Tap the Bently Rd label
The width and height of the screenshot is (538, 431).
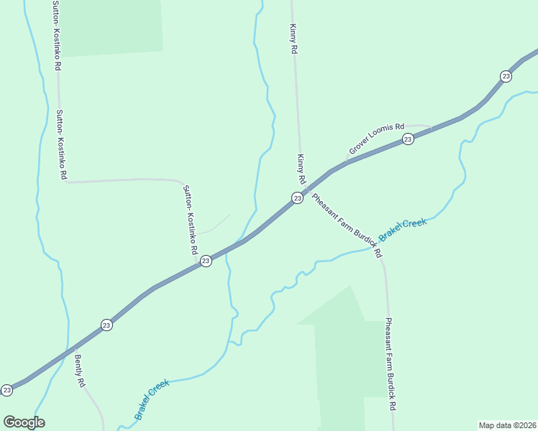[x=80, y=371]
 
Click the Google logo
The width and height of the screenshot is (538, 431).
[x=24, y=422]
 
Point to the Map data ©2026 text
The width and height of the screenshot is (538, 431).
[x=507, y=425]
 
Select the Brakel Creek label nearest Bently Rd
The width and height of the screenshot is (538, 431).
[x=152, y=399]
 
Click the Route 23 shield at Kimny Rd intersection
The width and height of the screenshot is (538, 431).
[x=296, y=198]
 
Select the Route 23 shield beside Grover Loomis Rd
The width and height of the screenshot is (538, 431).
[x=408, y=139]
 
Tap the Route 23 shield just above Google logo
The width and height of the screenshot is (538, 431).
[x=7, y=390]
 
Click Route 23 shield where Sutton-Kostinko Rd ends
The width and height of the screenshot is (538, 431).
[x=206, y=261]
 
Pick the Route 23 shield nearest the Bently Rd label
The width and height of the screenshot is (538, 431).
[x=106, y=325]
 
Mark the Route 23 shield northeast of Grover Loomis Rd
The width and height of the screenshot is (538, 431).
[x=506, y=76]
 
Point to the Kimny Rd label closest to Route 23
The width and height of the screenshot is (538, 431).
[x=301, y=168]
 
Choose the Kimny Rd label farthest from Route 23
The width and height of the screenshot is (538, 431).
[x=293, y=40]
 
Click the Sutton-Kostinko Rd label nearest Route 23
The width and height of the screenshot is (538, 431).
[x=191, y=221]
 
